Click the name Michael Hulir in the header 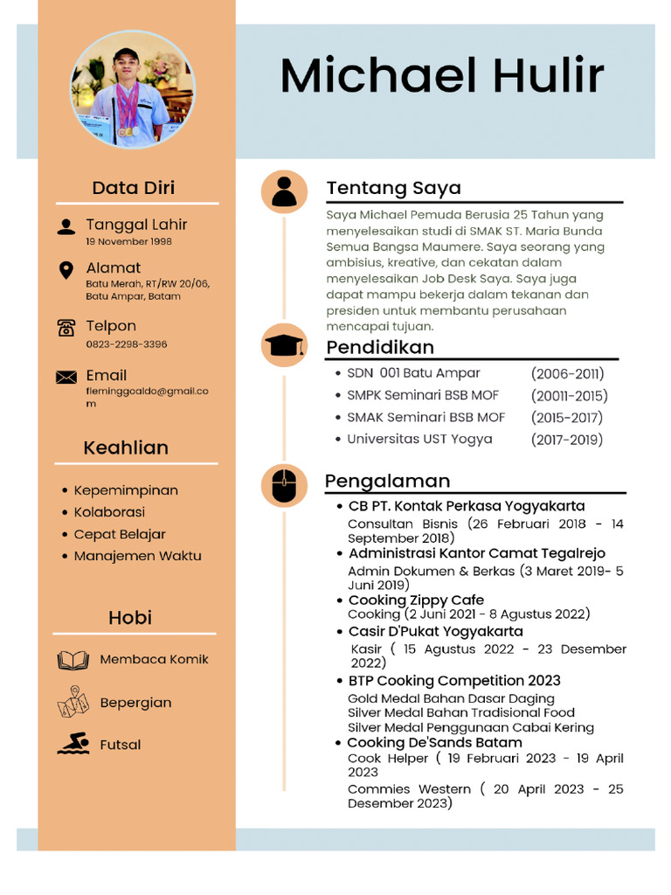442,76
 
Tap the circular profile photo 132,90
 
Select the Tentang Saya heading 393,188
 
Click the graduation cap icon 284,345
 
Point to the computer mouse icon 284,486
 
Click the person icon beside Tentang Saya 284,191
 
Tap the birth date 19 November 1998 128,241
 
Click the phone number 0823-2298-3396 126,344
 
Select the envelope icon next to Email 66,378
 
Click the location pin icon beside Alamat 66,270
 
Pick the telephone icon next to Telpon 66,328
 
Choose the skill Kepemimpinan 126,490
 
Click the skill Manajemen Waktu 137,556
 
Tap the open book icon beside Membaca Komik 73,660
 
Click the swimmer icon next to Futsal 73,745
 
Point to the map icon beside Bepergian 73,702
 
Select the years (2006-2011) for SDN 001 567,374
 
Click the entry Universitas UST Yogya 419,439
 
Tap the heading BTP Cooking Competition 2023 454,680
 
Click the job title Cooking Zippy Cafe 416,600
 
